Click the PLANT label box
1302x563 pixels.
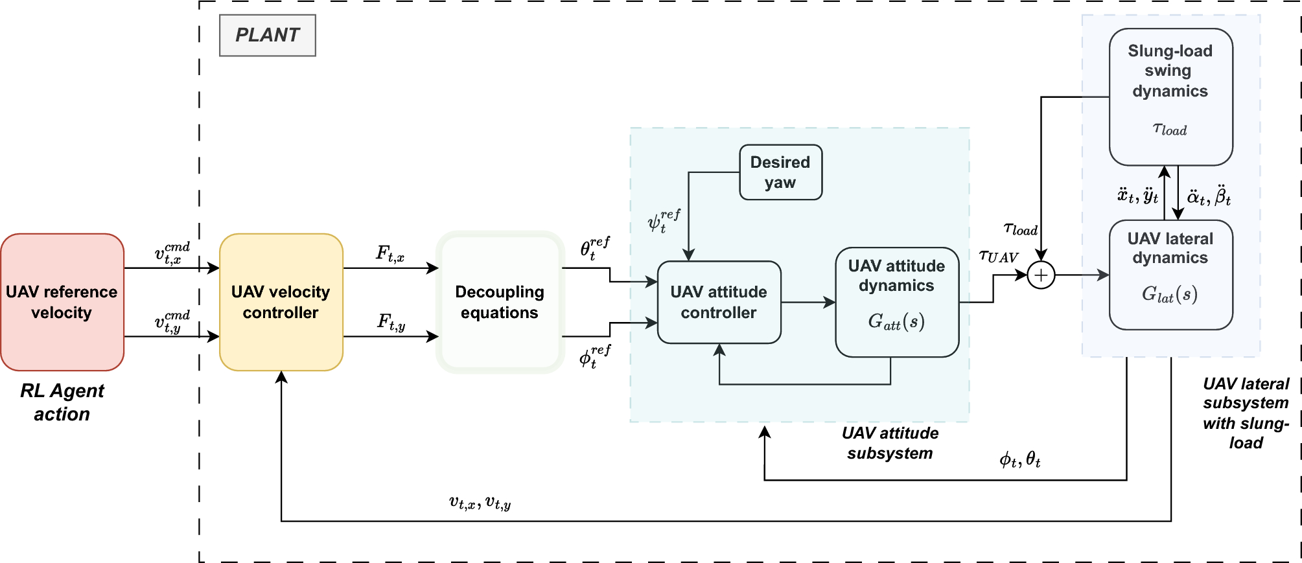pyautogui.click(x=267, y=36)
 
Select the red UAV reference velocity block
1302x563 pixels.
pyautogui.click(x=62, y=302)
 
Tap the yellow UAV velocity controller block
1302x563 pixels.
pyautogui.click(x=281, y=302)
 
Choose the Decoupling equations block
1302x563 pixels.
pyautogui.click(x=500, y=302)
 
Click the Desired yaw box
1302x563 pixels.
pyautogui.click(x=780, y=172)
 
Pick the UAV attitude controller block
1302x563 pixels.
pyautogui.click(x=719, y=302)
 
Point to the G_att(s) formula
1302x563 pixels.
pyautogui.click(x=896, y=321)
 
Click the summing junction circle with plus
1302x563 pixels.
pyautogui.click(x=1041, y=275)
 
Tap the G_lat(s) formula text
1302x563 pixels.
pyautogui.click(x=1169, y=295)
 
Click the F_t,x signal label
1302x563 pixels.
pyautogui.click(x=390, y=253)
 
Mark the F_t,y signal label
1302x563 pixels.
pyautogui.click(x=391, y=321)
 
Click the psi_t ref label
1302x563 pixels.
pyautogui.click(x=664, y=220)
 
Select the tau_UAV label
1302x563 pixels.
pyautogui.click(x=999, y=257)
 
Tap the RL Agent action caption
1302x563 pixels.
pyautogui.click(x=62, y=402)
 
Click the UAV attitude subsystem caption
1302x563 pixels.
pyautogui.click(x=890, y=443)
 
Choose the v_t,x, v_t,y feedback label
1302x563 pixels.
pyautogui.click(x=480, y=503)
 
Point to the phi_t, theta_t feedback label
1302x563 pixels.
pyautogui.click(x=1019, y=461)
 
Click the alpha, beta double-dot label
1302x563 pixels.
pyautogui.click(x=1209, y=196)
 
